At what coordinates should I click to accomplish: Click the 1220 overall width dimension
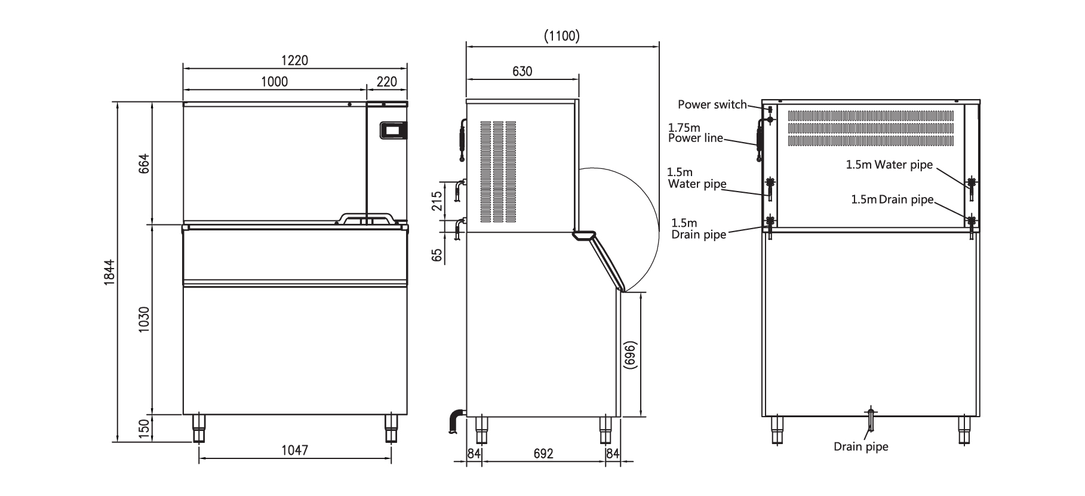tap(294, 61)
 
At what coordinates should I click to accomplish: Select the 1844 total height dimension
tap(110, 272)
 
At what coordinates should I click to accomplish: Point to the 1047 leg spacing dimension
tap(294, 450)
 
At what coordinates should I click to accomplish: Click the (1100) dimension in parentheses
tap(562, 36)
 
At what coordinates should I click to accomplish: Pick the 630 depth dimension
tap(522, 72)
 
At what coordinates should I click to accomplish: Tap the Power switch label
tap(712, 104)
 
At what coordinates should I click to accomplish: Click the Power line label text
tap(695, 138)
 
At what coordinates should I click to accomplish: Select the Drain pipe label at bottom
tap(860, 446)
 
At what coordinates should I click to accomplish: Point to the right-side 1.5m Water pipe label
tap(889, 165)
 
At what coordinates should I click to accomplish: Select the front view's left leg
tap(198, 428)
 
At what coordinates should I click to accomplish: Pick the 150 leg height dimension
tap(144, 428)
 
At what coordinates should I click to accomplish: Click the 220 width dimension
tap(386, 82)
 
